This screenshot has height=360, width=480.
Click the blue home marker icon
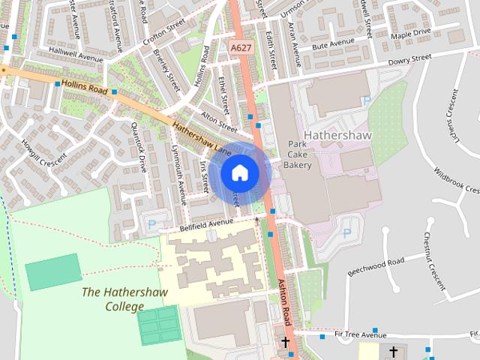239,173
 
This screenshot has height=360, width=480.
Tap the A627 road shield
240,47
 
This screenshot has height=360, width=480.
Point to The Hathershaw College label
125,299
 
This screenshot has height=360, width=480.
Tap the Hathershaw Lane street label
201,138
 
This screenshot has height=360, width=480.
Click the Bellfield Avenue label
207,224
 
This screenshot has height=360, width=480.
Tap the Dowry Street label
410,58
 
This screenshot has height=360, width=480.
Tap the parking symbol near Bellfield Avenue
151,223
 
